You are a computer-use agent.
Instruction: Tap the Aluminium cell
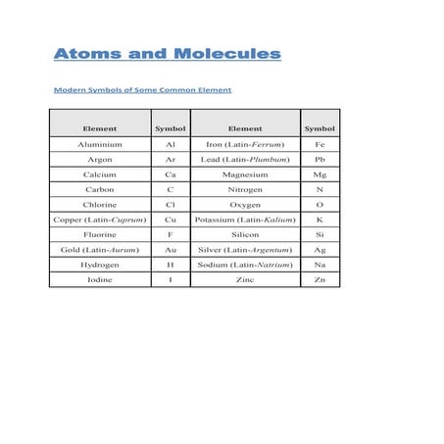coord(100,143)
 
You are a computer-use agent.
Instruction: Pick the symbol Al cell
coord(171,143)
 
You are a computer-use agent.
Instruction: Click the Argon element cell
coord(100,159)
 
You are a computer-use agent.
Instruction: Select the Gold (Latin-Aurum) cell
coord(100,250)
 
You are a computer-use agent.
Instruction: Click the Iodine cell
coord(100,280)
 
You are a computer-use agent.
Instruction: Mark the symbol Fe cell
coord(320,143)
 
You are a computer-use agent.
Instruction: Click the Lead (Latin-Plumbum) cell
coord(245,159)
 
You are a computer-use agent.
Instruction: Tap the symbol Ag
coord(320,250)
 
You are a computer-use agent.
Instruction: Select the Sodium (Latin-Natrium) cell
coord(245,265)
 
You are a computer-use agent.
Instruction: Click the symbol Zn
coord(320,280)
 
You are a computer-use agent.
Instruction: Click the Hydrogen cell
coord(100,265)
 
